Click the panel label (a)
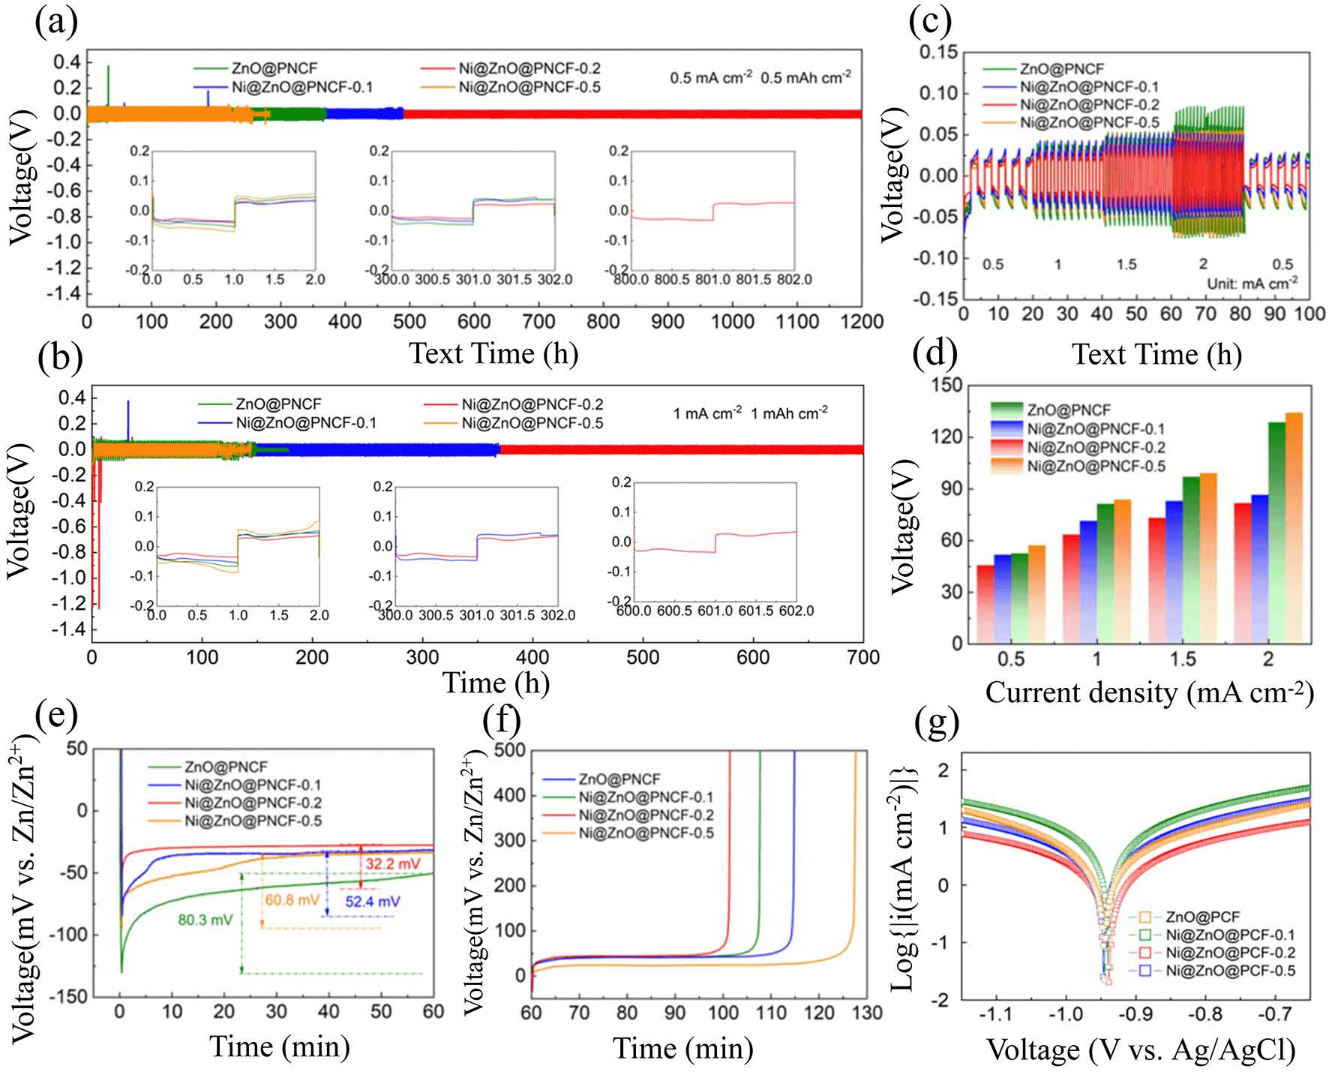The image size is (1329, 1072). [x=56, y=23]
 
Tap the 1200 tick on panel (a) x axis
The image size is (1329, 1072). [x=862, y=322]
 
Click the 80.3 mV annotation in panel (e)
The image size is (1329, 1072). [x=205, y=919]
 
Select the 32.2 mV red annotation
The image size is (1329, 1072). [x=393, y=863]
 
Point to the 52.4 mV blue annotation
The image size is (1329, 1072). [x=372, y=901]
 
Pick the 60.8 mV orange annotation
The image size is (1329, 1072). [x=292, y=899]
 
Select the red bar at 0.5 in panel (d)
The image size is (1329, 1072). [x=985, y=604]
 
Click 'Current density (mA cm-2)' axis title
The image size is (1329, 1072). [x=1149, y=692]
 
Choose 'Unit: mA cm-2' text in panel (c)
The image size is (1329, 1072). [x=1252, y=284]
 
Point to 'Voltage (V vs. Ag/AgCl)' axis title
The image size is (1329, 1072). [x=1141, y=1050]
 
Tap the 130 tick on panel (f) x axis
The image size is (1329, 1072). [x=867, y=1013]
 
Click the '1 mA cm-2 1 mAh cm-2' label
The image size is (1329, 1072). [x=750, y=413]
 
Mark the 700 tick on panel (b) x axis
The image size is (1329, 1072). [x=862, y=658]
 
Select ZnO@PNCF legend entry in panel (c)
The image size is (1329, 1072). [x=1050, y=69]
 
